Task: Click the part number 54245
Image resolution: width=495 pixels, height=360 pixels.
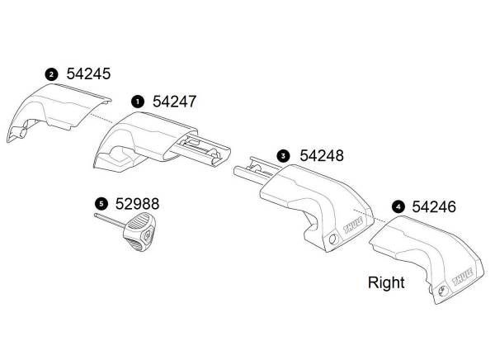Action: coord(88,74)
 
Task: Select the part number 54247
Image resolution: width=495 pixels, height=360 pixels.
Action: coord(175,102)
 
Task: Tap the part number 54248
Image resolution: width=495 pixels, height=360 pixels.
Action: coord(322,155)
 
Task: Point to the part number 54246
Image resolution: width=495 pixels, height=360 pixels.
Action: coord(434,206)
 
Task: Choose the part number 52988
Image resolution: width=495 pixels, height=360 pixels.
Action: coord(137,204)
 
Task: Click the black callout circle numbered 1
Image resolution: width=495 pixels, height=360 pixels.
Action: coord(138,102)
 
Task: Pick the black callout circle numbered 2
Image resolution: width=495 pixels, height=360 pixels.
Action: coord(51,74)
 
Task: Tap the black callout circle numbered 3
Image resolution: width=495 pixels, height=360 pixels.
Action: coord(283,156)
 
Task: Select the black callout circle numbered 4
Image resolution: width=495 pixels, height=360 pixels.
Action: coord(398,207)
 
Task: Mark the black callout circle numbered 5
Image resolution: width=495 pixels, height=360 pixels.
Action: coord(101,204)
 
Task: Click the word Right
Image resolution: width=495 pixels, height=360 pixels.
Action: coord(386,282)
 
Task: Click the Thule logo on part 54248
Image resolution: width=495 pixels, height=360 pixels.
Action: coord(353,225)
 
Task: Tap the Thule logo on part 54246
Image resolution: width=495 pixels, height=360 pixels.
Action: coord(463,277)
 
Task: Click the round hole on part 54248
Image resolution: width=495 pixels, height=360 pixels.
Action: coord(332,239)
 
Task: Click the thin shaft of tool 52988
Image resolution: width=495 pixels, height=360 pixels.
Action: coord(110,220)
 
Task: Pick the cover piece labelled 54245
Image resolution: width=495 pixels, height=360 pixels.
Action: coord(59,112)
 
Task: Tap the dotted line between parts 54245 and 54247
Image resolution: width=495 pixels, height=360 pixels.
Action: coord(101,118)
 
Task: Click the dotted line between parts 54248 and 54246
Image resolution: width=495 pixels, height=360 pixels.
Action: coord(370,216)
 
